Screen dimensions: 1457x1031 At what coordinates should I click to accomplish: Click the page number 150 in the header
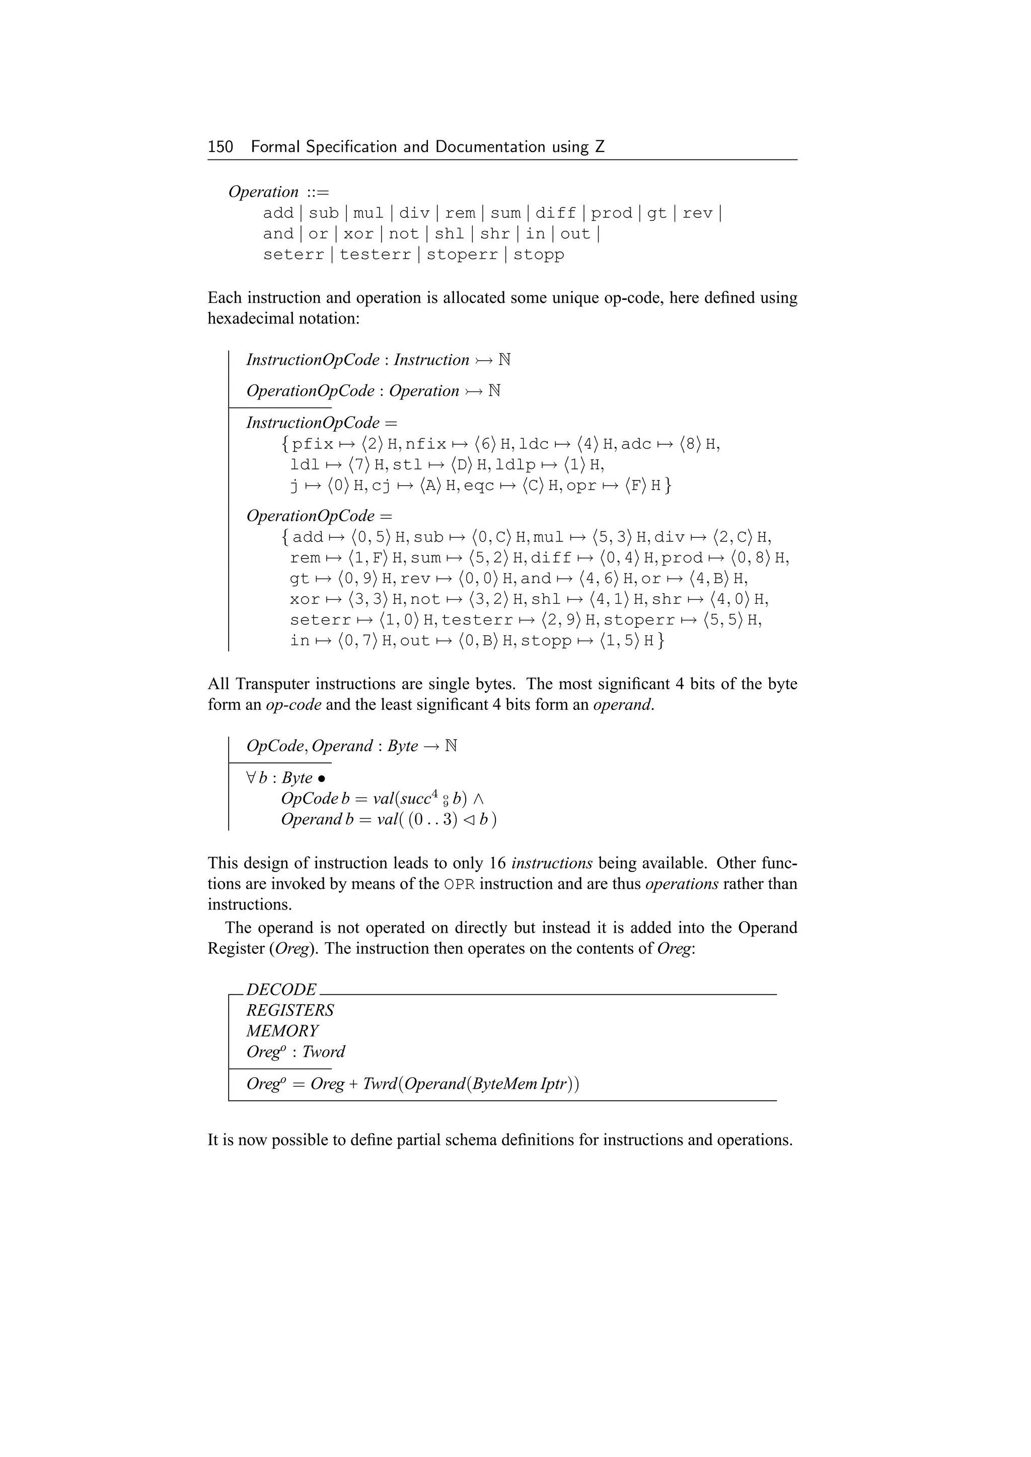point(220,147)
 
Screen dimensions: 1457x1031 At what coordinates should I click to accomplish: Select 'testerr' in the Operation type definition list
point(375,255)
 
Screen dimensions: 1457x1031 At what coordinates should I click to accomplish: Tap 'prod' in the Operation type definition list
point(611,213)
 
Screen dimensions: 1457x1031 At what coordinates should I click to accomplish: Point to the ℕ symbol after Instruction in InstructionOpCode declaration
point(505,360)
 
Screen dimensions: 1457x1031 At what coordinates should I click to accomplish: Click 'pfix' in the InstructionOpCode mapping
point(313,444)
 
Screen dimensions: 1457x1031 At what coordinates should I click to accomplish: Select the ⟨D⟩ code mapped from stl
point(462,465)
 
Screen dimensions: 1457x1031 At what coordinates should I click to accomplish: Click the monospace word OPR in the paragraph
point(459,884)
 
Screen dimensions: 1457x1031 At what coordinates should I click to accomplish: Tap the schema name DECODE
point(281,990)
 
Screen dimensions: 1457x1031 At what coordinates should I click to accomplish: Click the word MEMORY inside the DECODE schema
point(282,1031)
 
